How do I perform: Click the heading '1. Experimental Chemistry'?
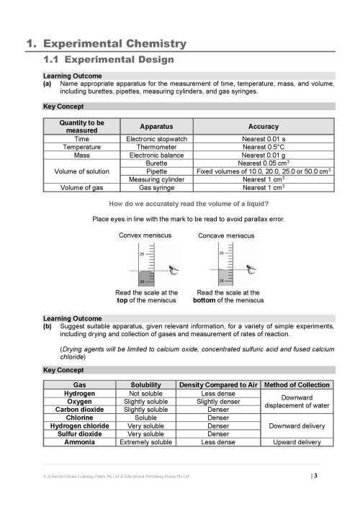coord(106,44)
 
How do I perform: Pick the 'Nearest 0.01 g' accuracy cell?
coord(263,154)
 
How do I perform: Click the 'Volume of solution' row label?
coord(81,171)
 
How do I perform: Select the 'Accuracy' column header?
coord(263,126)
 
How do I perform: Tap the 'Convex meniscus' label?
coord(147,235)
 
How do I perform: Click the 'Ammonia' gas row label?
coord(81,442)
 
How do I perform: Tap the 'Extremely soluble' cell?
coord(146,442)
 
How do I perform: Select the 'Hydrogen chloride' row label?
coord(81,425)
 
